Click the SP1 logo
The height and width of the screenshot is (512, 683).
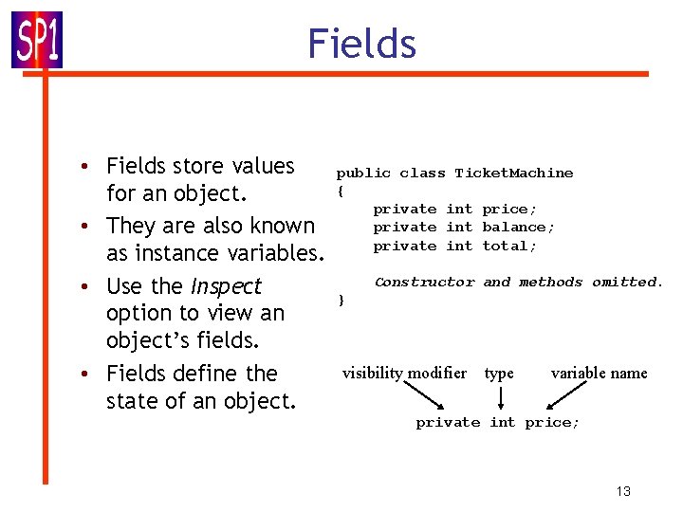37,40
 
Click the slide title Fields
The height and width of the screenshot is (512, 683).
361,45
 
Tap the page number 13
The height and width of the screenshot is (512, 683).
622,490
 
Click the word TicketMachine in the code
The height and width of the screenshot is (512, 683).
513,173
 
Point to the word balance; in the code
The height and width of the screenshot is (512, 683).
518,227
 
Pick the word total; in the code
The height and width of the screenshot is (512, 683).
509,246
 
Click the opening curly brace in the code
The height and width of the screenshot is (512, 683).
340,191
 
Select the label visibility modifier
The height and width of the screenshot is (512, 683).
404,373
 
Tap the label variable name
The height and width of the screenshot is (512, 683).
599,373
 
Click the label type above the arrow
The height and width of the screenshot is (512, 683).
498,373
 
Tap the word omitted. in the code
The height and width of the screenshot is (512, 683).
627,282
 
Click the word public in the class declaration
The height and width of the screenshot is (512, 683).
363,173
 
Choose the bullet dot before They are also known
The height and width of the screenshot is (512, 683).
85,227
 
